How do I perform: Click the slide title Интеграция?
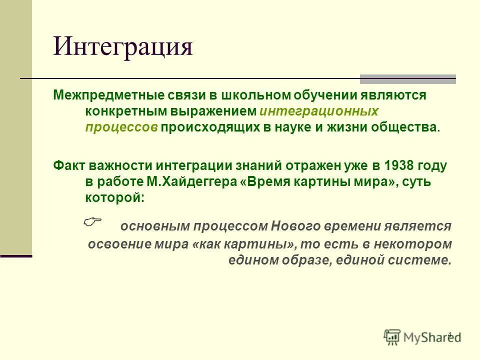coord(123,47)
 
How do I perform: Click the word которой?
coord(114,197)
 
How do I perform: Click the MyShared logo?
coord(423,336)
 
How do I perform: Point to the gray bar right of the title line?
coord(408,78)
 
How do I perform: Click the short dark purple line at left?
coord(16,256)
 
